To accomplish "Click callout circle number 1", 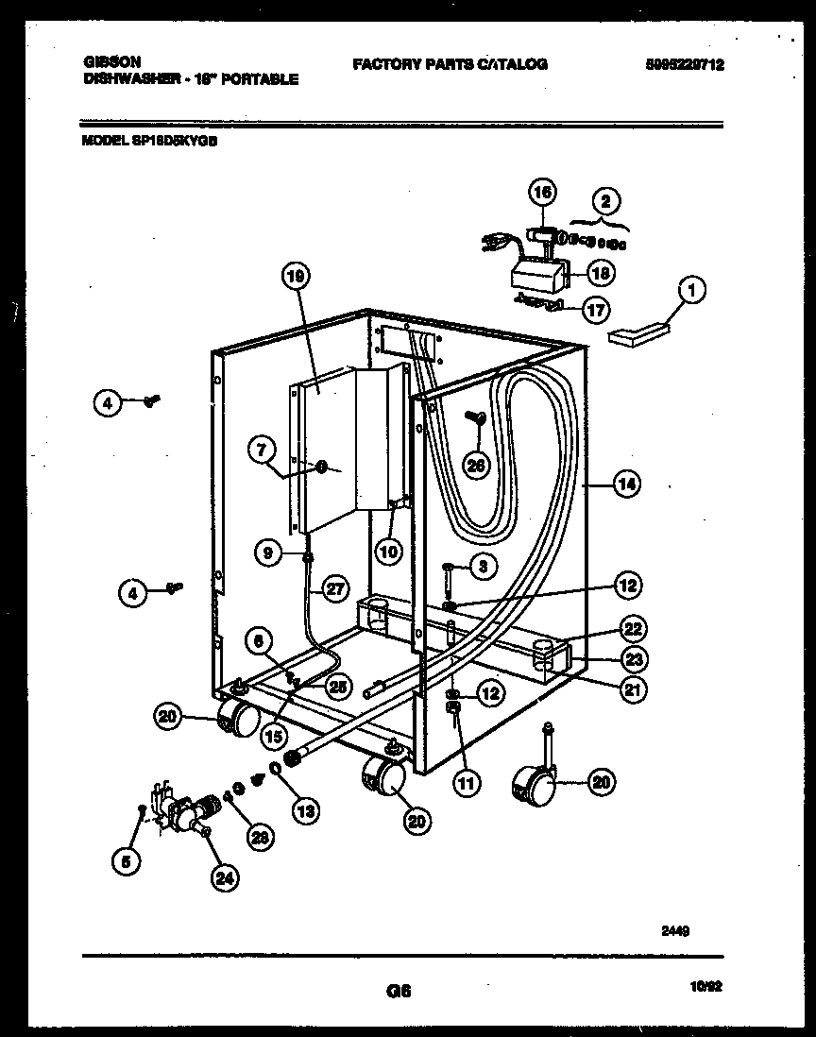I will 691,292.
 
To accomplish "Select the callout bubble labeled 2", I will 606,201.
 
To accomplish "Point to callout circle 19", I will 295,278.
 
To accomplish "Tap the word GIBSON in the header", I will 106,62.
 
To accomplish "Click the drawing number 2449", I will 675,929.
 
